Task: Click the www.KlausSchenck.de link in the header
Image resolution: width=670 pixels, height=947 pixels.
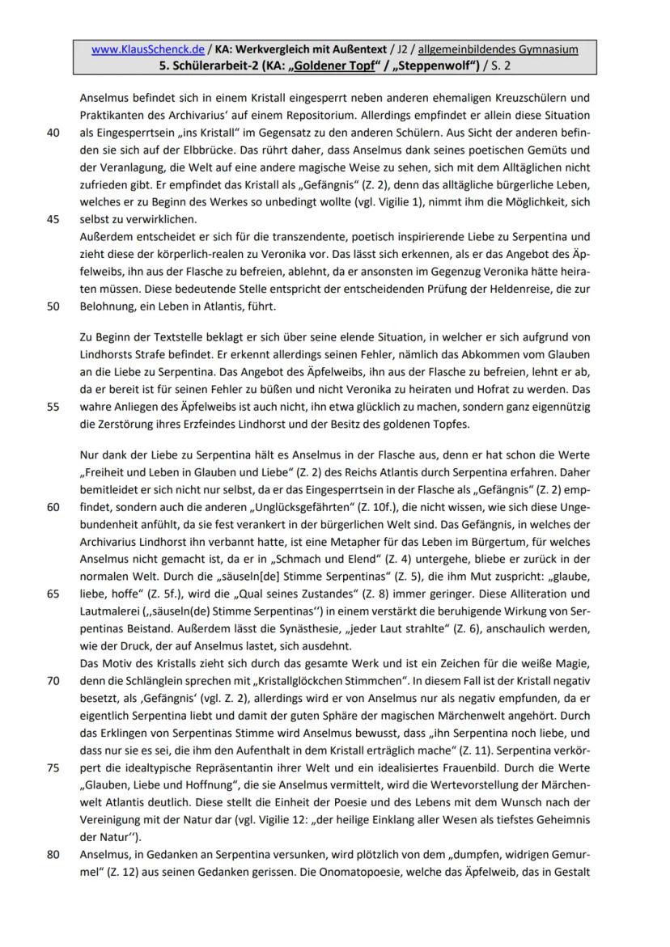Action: [x=136, y=49]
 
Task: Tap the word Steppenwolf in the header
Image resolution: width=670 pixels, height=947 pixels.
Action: [x=425, y=65]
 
